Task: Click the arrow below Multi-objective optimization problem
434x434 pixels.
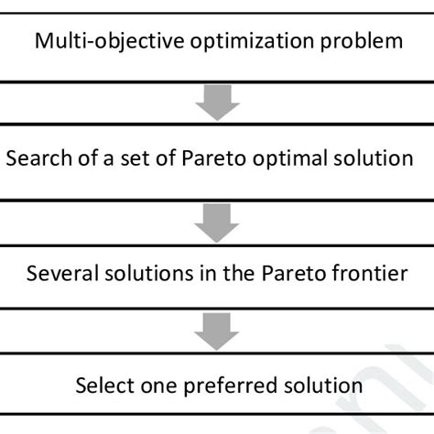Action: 218,104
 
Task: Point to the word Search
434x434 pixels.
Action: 37,158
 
